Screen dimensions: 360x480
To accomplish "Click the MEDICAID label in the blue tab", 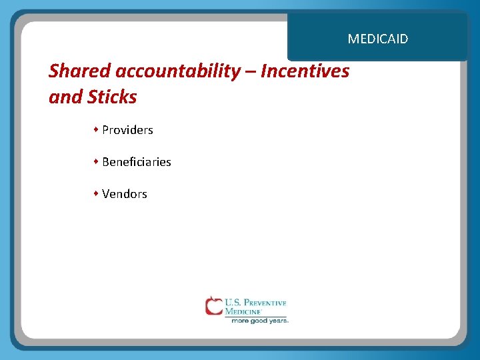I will click(377, 39).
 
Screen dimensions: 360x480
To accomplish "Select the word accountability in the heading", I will click(177, 71).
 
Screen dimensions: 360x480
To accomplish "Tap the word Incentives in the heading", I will click(305, 71).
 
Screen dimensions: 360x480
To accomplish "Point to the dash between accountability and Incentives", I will click(250, 71).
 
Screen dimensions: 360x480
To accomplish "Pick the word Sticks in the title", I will click(111, 97).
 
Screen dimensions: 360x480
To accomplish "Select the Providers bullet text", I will click(127, 130).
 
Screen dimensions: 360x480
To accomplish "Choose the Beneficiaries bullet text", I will click(137, 162).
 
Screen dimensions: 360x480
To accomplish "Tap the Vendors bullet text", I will click(125, 194).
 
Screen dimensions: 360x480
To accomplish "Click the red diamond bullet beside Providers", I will click(96, 129).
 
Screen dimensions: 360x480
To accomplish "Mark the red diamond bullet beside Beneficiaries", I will click(96, 161).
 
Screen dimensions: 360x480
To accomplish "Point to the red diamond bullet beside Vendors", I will click(96, 193).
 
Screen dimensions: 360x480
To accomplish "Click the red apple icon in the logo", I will click(214, 306).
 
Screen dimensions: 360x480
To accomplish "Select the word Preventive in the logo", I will click(265, 303).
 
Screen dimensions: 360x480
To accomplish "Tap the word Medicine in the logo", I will click(243, 311).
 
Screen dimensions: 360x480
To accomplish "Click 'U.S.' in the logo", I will click(233, 303).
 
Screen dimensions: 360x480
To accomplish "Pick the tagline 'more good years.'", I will click(259, 321).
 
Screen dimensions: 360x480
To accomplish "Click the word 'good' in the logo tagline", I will click(259, 321).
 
